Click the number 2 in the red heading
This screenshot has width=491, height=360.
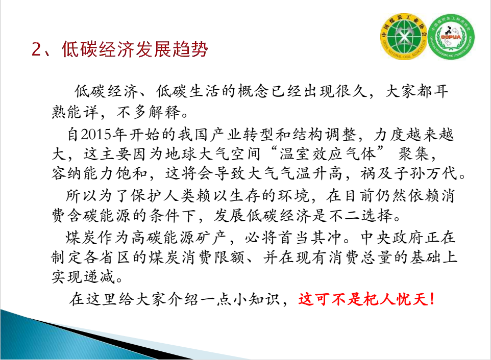coord(36,49)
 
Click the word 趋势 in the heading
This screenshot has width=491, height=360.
coord(190,49)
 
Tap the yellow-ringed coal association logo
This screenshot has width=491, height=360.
coord(403,37)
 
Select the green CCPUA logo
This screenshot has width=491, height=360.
coord(451,37)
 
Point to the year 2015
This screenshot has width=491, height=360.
coord(96,135)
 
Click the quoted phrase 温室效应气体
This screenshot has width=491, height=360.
coord(327,154)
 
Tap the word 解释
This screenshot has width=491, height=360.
coord(164,112)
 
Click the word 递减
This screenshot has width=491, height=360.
coord(99,277)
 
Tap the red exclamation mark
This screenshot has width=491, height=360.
coord(432,299)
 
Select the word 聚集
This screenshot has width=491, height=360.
coord(413,154)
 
